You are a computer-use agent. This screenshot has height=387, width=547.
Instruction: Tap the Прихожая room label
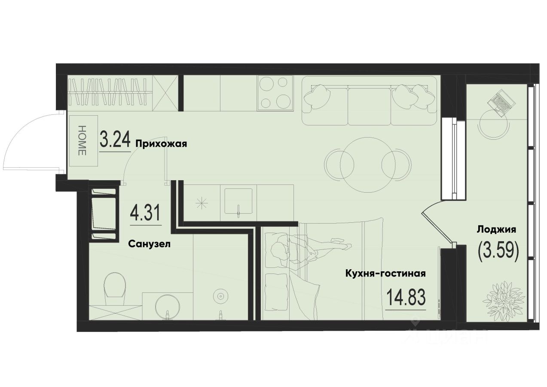pyautogui.click(x=161, y=144)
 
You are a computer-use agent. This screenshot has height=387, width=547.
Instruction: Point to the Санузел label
pyautogui.click(x=150, y=244)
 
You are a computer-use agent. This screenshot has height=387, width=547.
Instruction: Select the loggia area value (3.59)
pyautogui.click(x=498, y=250)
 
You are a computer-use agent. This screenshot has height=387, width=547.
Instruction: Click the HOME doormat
pyautogui.click(x=83, y=140)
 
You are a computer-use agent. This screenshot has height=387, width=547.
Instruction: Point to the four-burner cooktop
pyautogui.click(x=275, y=92)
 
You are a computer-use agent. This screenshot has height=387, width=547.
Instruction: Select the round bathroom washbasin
pyautogui.click(x=168, y=305)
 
